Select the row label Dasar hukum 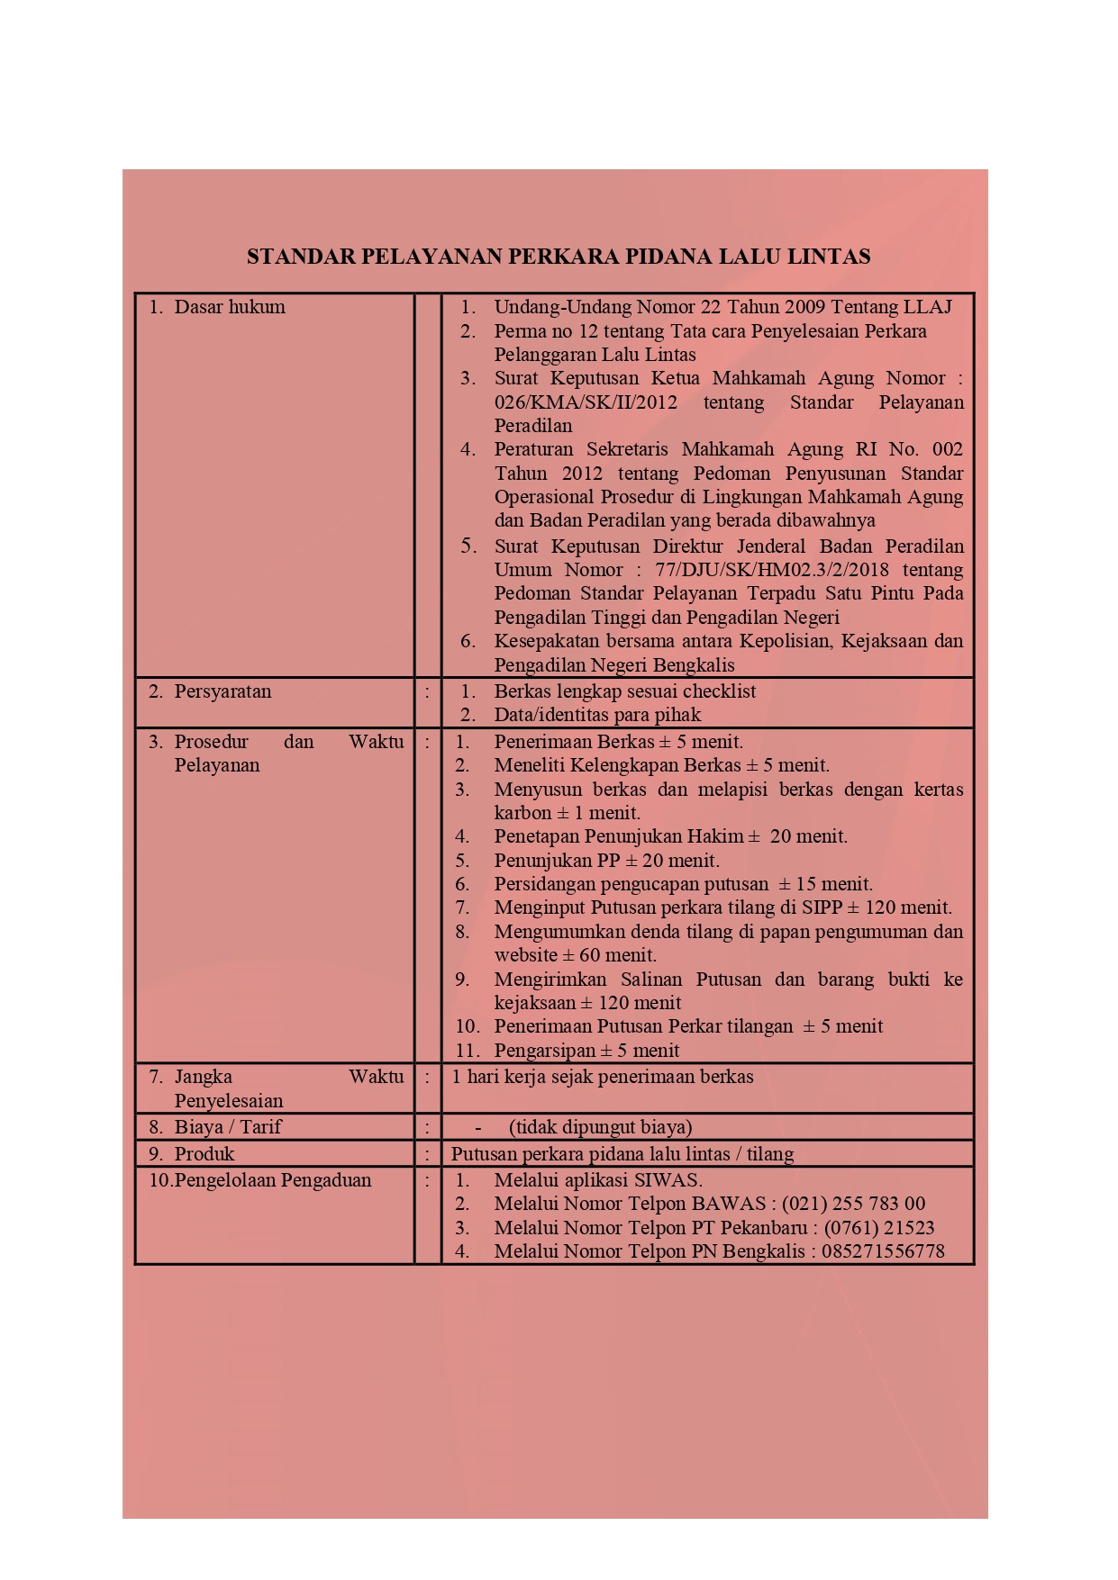(x=229, y=307)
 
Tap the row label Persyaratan (x=223, y=691)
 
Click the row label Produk (x=205, y=1154)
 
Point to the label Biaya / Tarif (x=228, y=1127)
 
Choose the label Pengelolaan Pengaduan (x=272, y=1180)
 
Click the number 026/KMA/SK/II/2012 (x=586, y=402)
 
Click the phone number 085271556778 (x=883, y=1251)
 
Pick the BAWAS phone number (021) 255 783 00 (x=853, y=1204)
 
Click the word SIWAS (x=668, y=1180)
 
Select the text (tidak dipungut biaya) (x=600, y=1127)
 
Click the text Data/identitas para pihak (x=597, y=715)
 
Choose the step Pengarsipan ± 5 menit (x=586, y=1051)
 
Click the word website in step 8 (x=526, y=955)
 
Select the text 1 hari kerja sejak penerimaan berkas (x=602, y=1077)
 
